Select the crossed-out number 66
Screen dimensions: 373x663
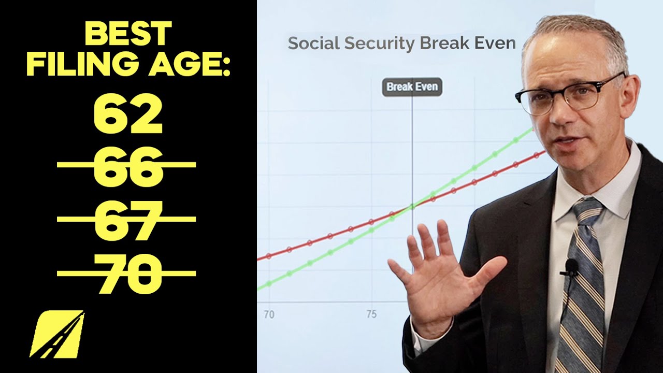point(128,166)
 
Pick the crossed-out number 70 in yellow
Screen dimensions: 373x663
point(128,273)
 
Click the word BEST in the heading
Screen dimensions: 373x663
point(128,34)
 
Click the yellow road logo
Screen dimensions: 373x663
point(57,334)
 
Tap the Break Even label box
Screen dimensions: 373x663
point(412,87)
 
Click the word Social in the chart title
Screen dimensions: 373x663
point(310,43)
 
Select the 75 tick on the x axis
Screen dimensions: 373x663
point(371,314)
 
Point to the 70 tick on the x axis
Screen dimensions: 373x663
point(269,314)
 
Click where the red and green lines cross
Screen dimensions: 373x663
point(412,207)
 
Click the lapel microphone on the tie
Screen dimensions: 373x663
point(571,267)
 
